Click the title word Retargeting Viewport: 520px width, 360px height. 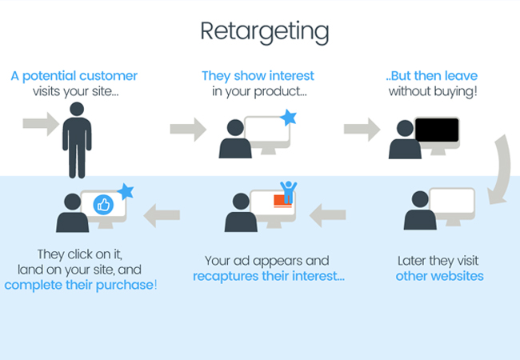pos(265,32)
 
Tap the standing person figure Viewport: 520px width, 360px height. pos(77,140)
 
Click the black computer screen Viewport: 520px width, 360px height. pos(437,130)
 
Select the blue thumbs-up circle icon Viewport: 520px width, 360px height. pos(103,205)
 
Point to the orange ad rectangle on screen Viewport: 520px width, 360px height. pos(282,201)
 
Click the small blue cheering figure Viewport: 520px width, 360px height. pos(288,192)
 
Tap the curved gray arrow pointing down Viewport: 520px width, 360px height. pos(500,170)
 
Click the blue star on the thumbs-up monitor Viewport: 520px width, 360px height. pos(126,191)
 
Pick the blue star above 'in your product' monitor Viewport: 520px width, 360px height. pos(289,118)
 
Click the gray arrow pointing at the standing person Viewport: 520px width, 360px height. pos(41,124)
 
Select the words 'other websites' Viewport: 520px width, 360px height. pos(439,276)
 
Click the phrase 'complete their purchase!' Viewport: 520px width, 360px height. pos(81,285)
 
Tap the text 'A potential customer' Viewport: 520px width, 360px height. pos(74,76)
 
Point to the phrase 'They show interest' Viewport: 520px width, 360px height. pos(258,76)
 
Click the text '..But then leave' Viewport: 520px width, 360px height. pos(432,76)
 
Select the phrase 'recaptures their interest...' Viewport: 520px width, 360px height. pos(269,276)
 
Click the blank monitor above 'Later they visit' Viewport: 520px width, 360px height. pos(452,201)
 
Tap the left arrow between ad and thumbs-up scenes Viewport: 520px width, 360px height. pos(162,215)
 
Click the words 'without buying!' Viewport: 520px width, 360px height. pos(433,91)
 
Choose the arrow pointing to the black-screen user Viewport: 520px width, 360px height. pos(362,130)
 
